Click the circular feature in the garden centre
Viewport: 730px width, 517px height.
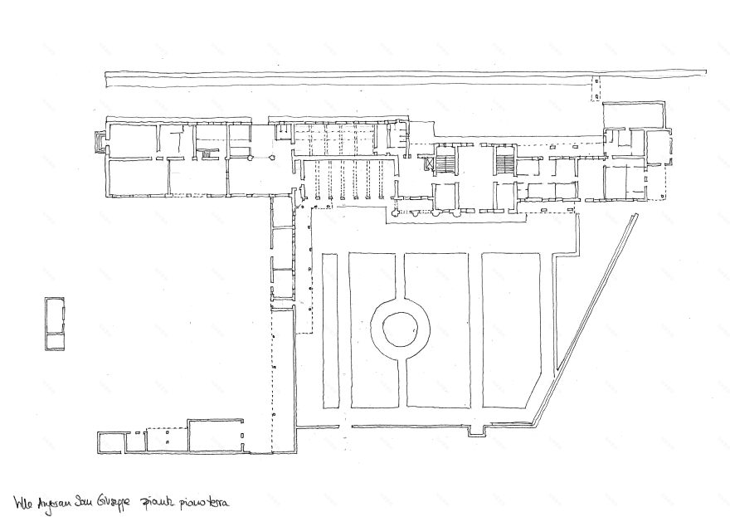[400, 329]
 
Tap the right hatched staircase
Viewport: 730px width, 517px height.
[504, 160]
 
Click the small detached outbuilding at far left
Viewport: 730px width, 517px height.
[55, 324]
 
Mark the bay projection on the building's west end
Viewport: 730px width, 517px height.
[101, 143]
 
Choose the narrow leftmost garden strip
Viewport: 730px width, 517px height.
[330, 330]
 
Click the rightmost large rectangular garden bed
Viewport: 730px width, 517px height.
[511, 329]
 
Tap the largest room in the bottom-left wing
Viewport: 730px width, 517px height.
[216, 437]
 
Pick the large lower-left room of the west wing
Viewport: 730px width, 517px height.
[137, 177]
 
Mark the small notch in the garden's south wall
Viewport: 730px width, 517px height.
[477, 431]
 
